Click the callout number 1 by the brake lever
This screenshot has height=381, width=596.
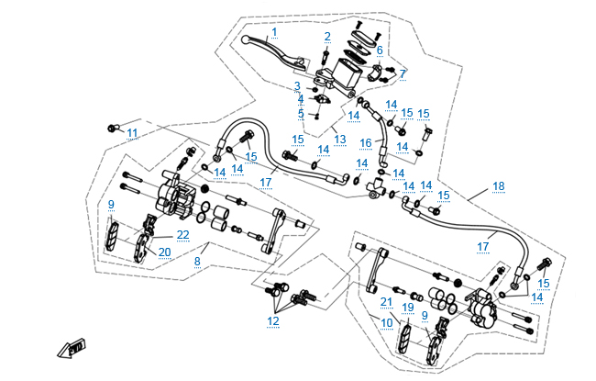click(x=273, y=31)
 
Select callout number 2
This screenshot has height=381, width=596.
click(x=327, y=37)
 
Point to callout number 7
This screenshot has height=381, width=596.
click(x=403, y=73)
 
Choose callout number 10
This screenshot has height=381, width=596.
click(x=388, y=322)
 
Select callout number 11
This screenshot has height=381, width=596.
click(x=132, y=133)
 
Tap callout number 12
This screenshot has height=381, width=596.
click(x=273, y=320)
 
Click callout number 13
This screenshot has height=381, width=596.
click(x=339, y=140)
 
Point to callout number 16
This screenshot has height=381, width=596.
click(x=365, y=143)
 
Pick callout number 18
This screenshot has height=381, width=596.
click(x=498, y=185)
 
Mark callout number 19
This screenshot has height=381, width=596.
click(x=408, y=308)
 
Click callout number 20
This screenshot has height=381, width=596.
click(x=165, y=252)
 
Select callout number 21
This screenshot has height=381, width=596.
click(x=386, y=302)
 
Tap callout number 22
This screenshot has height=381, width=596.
click(x=183, y=235)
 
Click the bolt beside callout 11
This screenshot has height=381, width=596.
click(x=114, y=127)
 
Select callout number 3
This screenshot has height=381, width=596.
click(x=297, y=86)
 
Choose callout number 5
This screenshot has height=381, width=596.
click(x=300, y=113)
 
